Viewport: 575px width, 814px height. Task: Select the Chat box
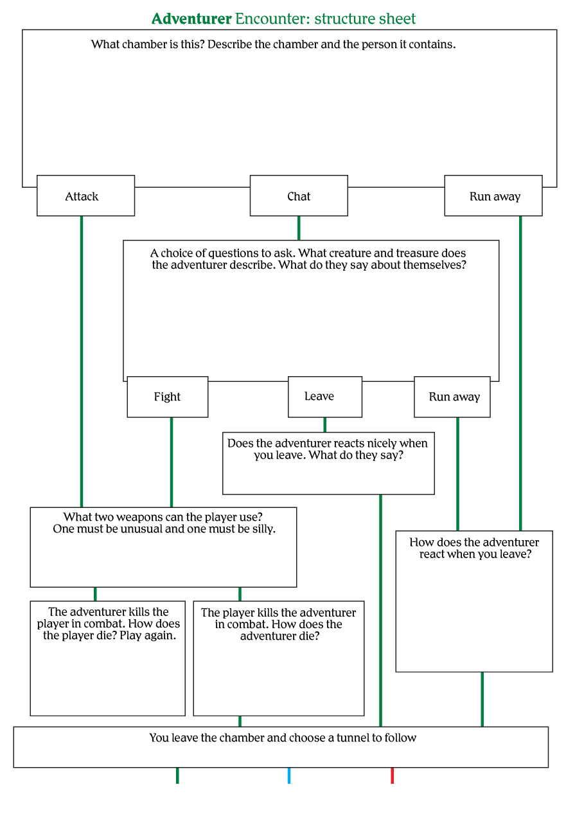click(x=299, y=195)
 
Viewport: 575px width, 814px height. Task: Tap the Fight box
click(x=167, y=397)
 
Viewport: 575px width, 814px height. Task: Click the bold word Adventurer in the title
click(x=191, y=19)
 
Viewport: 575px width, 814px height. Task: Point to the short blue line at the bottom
click(x=289, y=775)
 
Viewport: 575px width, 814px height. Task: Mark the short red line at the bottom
click(x=392, y=775)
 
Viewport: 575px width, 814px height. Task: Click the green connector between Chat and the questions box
click(x=299, y=228)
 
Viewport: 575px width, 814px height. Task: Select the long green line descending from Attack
click(x=82, y=360)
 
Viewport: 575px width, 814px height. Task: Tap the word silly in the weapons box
click(x=260, y=529)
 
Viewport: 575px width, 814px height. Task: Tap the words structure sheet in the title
click(x=365, y=19)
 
